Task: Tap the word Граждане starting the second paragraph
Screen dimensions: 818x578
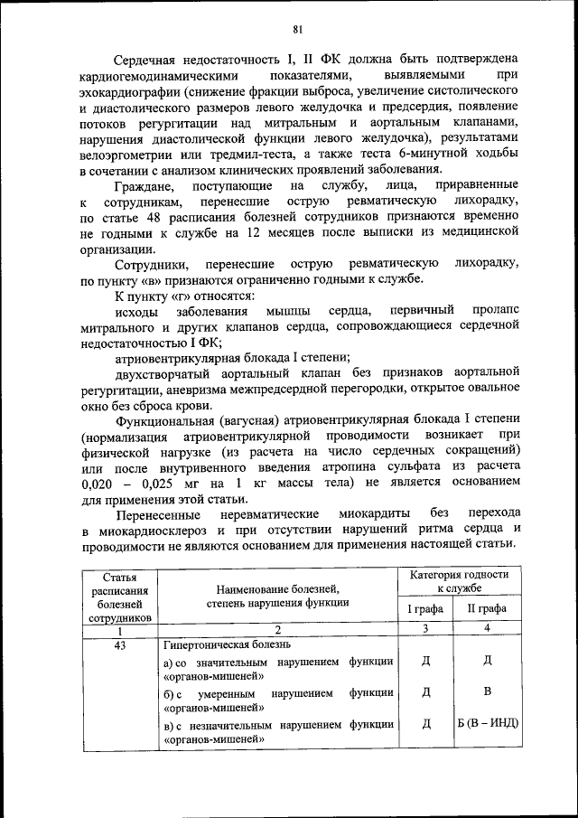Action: pos(146,185)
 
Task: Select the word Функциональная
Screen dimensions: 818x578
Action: pos(164,420)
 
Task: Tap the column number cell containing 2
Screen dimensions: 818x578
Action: pos(278,629)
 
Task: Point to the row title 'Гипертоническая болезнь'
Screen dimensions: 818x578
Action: pos(228,645)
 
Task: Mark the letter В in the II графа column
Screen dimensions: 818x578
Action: pos(488,692)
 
